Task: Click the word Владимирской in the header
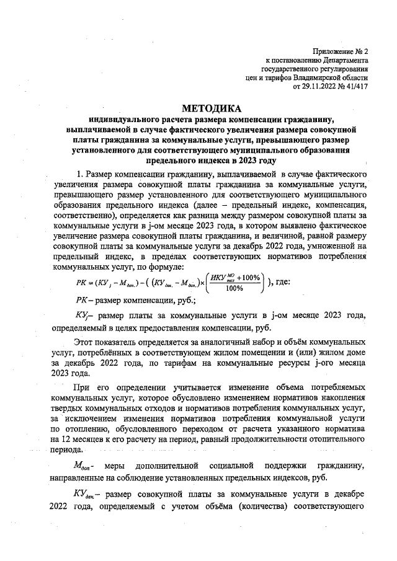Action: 306,78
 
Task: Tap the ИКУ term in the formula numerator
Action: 222,276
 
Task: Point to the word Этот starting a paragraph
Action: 84,342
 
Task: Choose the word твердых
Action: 73,409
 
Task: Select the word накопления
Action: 345,398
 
